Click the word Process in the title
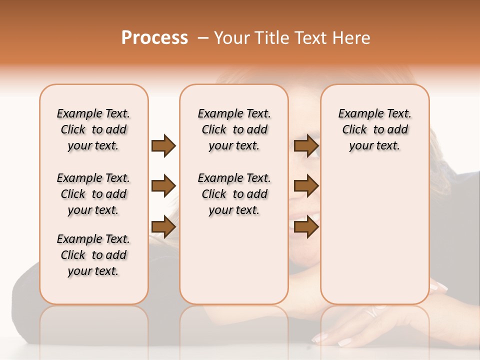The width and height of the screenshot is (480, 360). point(154,38)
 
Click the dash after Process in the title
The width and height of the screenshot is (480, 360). point(202,38)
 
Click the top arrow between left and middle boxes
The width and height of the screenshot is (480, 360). point(163,145)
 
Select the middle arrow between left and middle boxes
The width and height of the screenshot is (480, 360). point(163,186)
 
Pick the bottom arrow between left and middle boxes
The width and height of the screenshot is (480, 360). point(163,227)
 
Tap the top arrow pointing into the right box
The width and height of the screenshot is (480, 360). point(306,145)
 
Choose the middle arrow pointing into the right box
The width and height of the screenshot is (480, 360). point(306,186)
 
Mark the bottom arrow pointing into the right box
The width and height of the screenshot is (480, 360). point(306,227)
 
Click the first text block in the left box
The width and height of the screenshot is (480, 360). point(93,129)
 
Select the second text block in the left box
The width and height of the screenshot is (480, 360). point(93,194)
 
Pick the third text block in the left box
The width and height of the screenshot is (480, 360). point(93,255)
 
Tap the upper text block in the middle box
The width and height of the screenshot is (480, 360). point(234,129)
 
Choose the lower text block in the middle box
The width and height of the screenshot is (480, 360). point(234,194)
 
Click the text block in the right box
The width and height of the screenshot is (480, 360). point(374,129)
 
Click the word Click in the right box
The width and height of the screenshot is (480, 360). point(354,129)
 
